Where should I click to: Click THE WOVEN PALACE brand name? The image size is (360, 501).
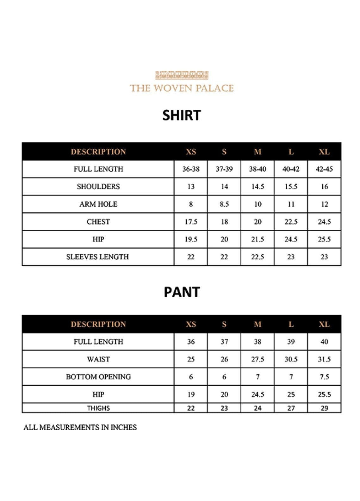click(x=182, y=88)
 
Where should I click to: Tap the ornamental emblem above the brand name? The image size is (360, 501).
click(x=182, y=75)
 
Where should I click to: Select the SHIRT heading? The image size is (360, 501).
click(x=182, y=115)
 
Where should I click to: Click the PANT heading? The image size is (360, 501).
click(x=182, y=292)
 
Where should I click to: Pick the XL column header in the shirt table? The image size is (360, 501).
click(x=324, y=152)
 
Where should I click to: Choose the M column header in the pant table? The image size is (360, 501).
click(x=258, y=324)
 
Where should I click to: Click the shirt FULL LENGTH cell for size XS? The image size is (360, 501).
click(x=191, y=169)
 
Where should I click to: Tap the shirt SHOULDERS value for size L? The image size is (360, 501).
click(x=291, y=187)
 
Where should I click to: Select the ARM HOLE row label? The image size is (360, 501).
click(x=98, y=204)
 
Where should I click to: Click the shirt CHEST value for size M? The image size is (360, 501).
click(x=258, y=222)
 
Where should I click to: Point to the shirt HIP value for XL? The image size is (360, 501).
click(x=324, y=239)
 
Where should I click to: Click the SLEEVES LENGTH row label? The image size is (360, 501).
click(x=97, y=257)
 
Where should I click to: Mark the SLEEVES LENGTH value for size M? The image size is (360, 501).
click(x=258, y=257)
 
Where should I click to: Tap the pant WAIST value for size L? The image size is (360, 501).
click(x=291, y=359)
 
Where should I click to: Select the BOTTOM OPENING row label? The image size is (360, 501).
click(x=98, y=377)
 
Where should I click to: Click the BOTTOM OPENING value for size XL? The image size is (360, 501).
click(x=324, y=377)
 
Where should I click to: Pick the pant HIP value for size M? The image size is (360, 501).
click(x=258, y=394)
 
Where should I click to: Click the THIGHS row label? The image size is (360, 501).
click(x=98, y=408)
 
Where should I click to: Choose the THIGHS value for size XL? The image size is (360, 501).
click(x=324, y=408)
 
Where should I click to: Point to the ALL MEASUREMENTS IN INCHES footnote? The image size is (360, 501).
click(x=80, y=427)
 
